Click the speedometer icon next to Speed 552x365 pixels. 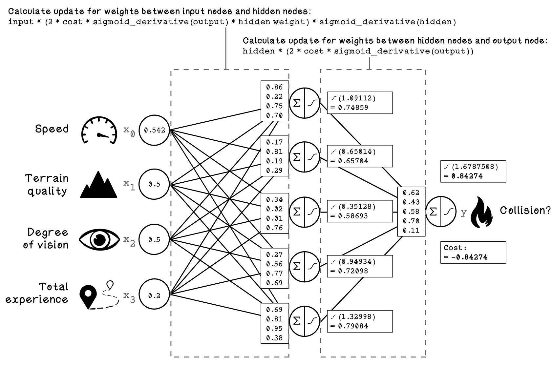(99, 130)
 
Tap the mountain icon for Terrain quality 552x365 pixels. (98, 185)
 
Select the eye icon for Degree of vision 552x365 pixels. (99, 239)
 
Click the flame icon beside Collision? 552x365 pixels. (481, 212)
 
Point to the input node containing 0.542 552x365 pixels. (154, 130)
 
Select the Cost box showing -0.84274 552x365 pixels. (473, 253)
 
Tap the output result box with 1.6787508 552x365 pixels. (473, 172)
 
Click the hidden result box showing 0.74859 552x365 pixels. (360, 103)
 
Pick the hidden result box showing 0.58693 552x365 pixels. (360, 211)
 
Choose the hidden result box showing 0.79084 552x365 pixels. (360, 321)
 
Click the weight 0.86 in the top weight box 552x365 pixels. (274, 87)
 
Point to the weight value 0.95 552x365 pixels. (274, 329)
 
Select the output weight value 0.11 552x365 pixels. (411, 231)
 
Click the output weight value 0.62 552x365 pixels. (411, 193)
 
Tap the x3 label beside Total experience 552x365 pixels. (129, 297)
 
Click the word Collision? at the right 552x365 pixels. (525, 210)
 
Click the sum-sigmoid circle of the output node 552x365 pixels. (441, 212)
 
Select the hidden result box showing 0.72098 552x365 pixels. (360, 267)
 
